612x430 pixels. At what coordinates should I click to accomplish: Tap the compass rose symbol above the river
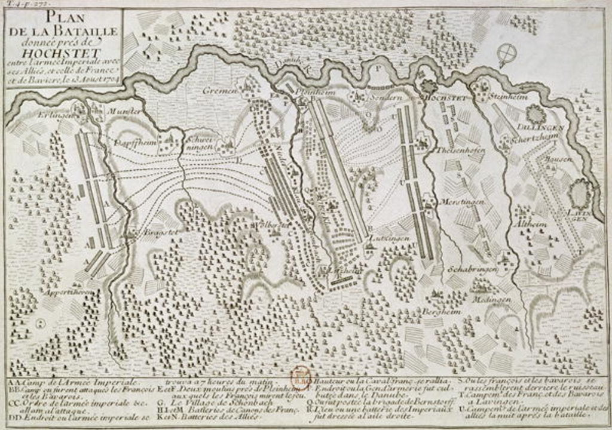[507, 54]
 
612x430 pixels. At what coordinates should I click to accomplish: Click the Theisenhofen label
[461, 150]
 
